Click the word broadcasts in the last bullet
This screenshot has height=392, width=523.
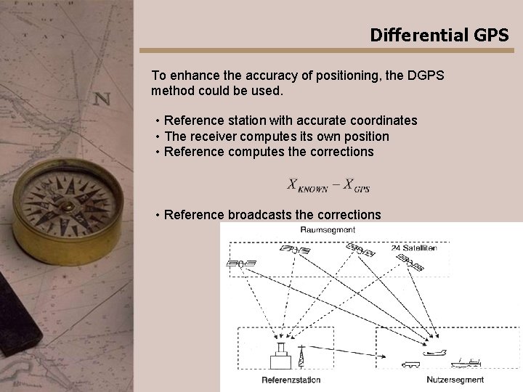click(259, 215)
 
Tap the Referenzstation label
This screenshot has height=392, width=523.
click(291, 380)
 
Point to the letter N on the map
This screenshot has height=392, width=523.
click(102, 98)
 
